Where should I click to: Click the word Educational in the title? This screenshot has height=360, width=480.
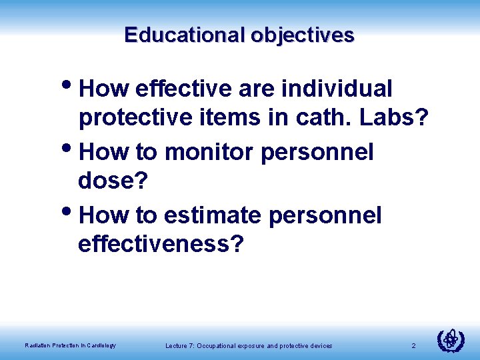click(x=185, y=34)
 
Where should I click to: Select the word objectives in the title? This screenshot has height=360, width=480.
click(x=303, y=34)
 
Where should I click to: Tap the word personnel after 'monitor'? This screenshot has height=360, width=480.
click(x=317, y=152)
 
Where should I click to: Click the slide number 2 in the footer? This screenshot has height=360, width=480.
click(x=413, y=345)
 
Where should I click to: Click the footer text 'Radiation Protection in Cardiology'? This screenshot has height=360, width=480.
click(x=70, y=345)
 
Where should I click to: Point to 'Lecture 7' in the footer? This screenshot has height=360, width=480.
click(x=179, y=345)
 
